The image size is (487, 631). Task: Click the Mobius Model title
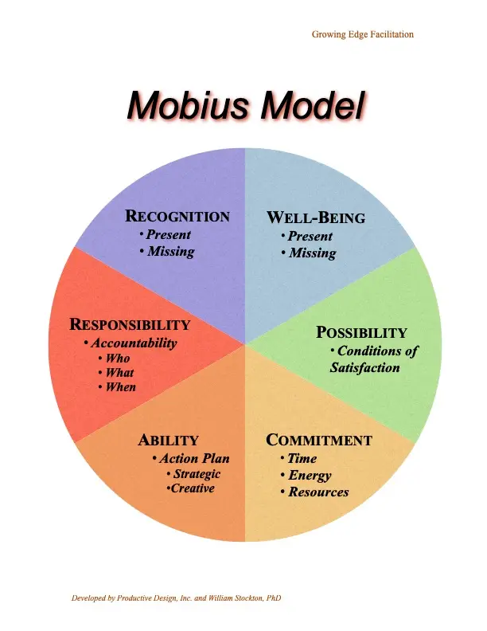point(245,105)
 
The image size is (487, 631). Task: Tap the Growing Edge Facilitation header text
point(362,34)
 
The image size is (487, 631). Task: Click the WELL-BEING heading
point(316,218)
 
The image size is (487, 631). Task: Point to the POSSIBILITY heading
point(362,332)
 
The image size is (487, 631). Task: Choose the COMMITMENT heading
point(319,441)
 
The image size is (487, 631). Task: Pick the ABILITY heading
point(168,441)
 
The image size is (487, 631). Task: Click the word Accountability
point(134,343)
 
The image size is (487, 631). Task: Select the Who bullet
point(118,359)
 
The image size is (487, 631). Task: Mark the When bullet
point(121,387)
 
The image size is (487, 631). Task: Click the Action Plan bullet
point(194,458)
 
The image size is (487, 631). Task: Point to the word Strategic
point(197,474)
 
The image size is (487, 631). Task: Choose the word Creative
point(193,488)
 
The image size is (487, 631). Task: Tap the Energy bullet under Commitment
point(310,476)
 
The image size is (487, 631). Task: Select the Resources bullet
point(318,492)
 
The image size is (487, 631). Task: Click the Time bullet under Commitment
point(302,459)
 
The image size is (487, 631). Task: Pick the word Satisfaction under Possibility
point(365,367)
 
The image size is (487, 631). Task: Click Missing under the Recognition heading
point(170,251)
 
